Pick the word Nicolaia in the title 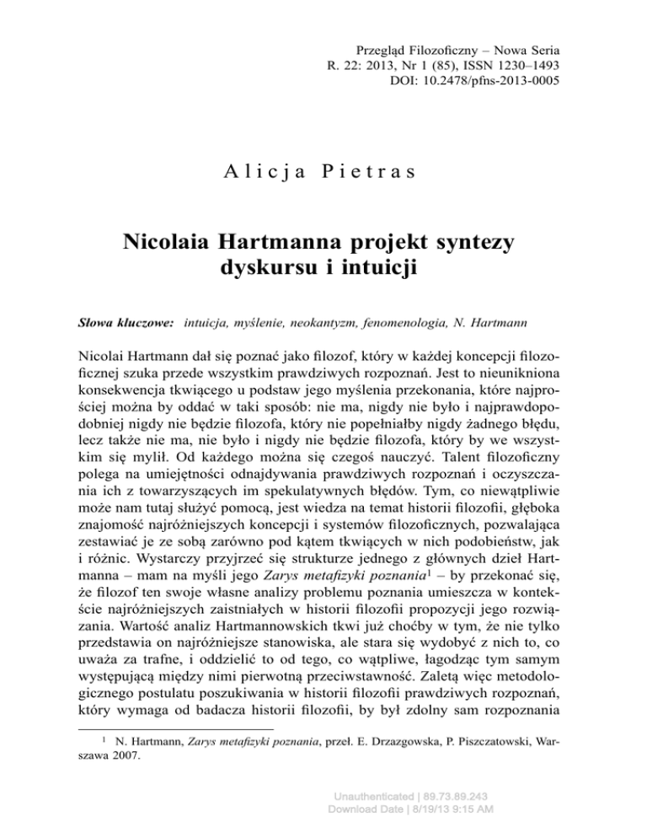coord(173,244)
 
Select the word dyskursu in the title coord(256,272)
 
